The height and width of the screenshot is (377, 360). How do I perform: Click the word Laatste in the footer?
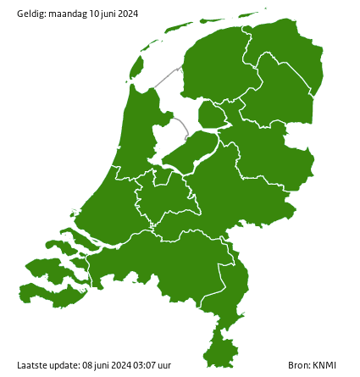coord(32,365)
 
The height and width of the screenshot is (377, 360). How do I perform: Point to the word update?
coord(64,365)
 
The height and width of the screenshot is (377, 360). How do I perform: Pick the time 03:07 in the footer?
coord(137,365)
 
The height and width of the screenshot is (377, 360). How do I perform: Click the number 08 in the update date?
coord(87,365)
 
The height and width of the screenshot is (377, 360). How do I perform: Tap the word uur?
coord(163,365)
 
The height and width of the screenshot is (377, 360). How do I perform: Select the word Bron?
coord(298,365)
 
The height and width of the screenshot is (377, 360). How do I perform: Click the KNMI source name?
coord(324,365)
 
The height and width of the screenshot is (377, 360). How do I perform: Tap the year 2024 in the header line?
coord(127,14)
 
